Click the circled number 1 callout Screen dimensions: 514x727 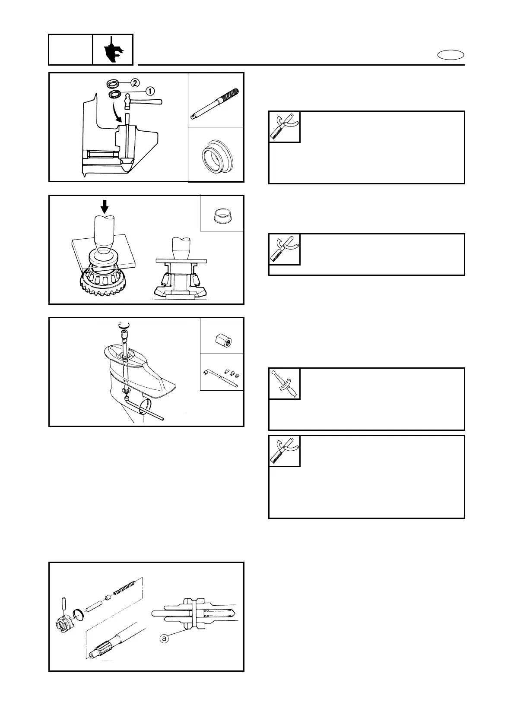click(150, 92)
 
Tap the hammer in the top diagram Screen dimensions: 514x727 click(143, 101)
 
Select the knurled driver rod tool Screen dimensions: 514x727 click(216, 103)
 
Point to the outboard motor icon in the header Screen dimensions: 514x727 click(113, 50)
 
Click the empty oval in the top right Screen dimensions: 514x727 click(451, 55)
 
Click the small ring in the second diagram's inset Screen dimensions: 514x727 click(222, 215)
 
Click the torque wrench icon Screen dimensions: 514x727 click(284, 384)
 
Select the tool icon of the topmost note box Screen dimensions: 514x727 click(284, 127)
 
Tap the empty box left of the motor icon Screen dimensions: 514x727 click(70, 50)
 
